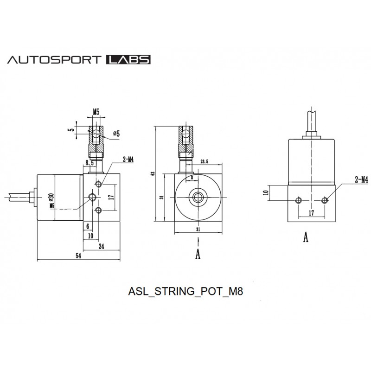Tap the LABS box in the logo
[x=128, y=60]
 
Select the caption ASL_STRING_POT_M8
[x=185, y=293]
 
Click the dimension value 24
[x=101, y=247]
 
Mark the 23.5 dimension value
[x=204, y=162]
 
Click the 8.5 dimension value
[x=90, y=163]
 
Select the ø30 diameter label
[x=51, y=197]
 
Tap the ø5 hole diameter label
[x=116, y=134]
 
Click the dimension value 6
[x=87, y=226]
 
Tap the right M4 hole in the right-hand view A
[x=325, y=200]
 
